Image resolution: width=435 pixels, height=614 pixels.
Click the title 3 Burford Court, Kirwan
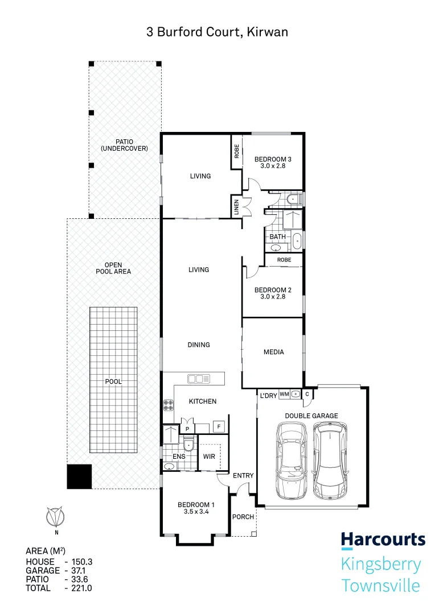217,32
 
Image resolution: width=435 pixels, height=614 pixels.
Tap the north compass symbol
56,517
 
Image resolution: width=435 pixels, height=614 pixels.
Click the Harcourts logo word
383,540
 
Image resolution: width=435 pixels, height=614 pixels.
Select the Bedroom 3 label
273,163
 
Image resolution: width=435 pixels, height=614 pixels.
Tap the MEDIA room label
273,352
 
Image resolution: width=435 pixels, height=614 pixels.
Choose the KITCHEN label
203,401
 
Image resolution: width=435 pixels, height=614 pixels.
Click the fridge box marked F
217,426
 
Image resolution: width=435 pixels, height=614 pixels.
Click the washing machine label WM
284,394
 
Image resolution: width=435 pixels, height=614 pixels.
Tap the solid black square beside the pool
79,476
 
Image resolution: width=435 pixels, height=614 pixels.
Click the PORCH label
243,517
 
